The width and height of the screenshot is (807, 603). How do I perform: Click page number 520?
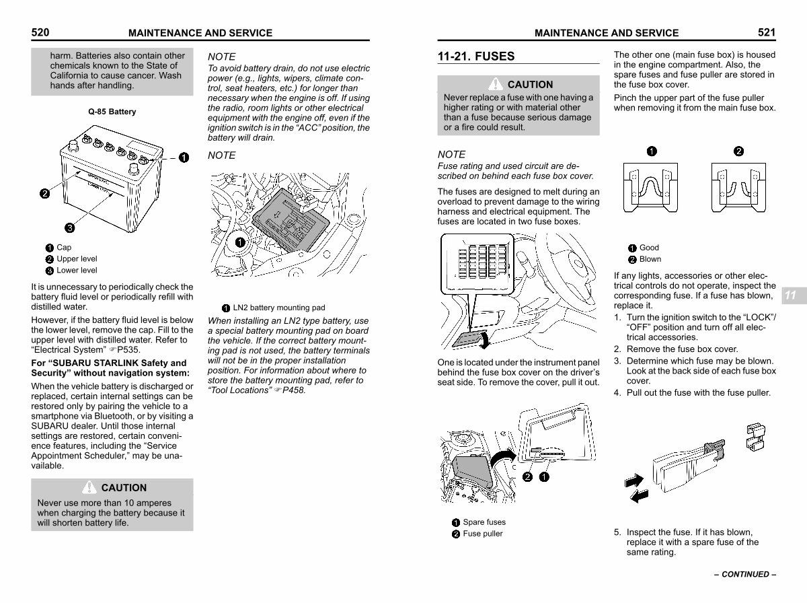(40, 32)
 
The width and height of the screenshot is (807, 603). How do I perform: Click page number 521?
(767, 32)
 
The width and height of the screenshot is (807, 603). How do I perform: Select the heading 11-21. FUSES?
(475, 57)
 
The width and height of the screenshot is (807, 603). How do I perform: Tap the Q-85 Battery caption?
(112, 112)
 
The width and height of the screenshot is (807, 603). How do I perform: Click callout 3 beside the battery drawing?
(69, 226)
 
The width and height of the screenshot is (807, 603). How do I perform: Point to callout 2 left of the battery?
(44, 194)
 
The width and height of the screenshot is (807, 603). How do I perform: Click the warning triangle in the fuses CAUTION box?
(496, 84)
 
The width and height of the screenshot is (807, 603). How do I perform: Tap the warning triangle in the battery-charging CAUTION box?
(89, 487)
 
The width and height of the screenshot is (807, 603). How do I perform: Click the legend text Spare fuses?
(484, 522)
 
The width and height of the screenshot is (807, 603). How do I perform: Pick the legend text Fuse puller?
(483, 534)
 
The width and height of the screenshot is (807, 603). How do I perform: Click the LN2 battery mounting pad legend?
(278, 308)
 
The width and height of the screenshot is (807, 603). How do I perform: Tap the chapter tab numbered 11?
(791, 295)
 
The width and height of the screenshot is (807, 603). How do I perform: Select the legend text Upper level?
(77, 258)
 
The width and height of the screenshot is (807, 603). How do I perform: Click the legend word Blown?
(650, 259)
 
